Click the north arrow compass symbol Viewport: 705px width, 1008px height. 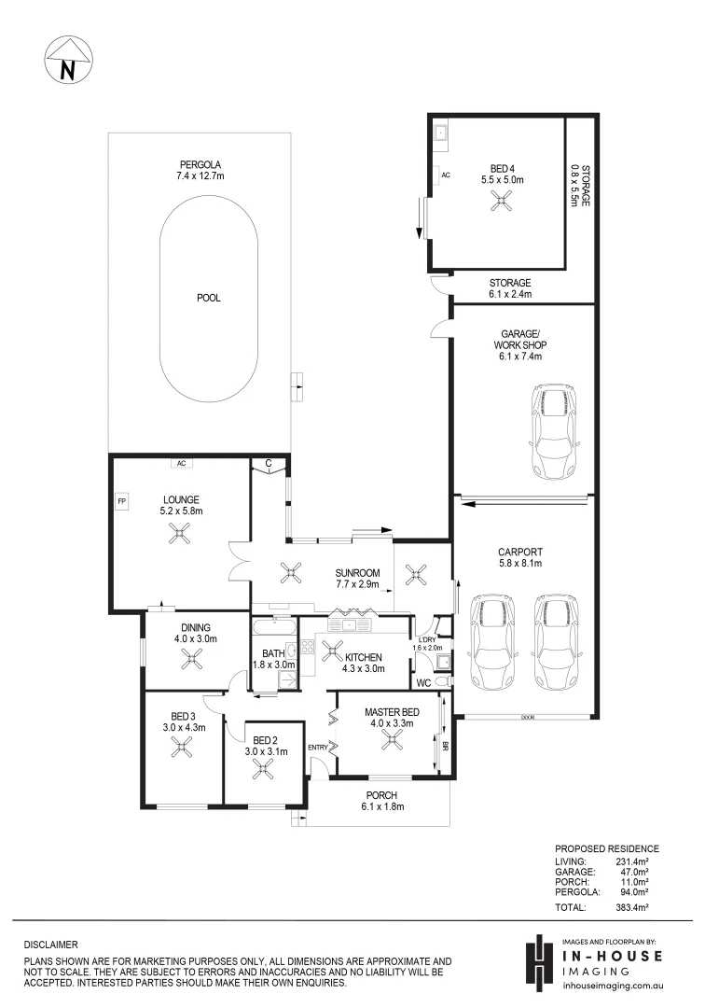66,62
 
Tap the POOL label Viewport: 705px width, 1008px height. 208,299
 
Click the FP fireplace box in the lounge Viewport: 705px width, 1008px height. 121,503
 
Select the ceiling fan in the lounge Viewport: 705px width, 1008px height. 179,532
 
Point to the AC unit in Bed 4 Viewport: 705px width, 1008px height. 446,175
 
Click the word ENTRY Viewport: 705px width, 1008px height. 318,747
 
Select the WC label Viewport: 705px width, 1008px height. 424,683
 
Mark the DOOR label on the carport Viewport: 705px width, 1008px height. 528,718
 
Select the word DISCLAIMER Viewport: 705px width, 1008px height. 51,945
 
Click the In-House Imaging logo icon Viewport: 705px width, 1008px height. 538,961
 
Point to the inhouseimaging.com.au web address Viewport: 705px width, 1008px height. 614,984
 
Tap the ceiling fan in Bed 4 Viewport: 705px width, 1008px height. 503,199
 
